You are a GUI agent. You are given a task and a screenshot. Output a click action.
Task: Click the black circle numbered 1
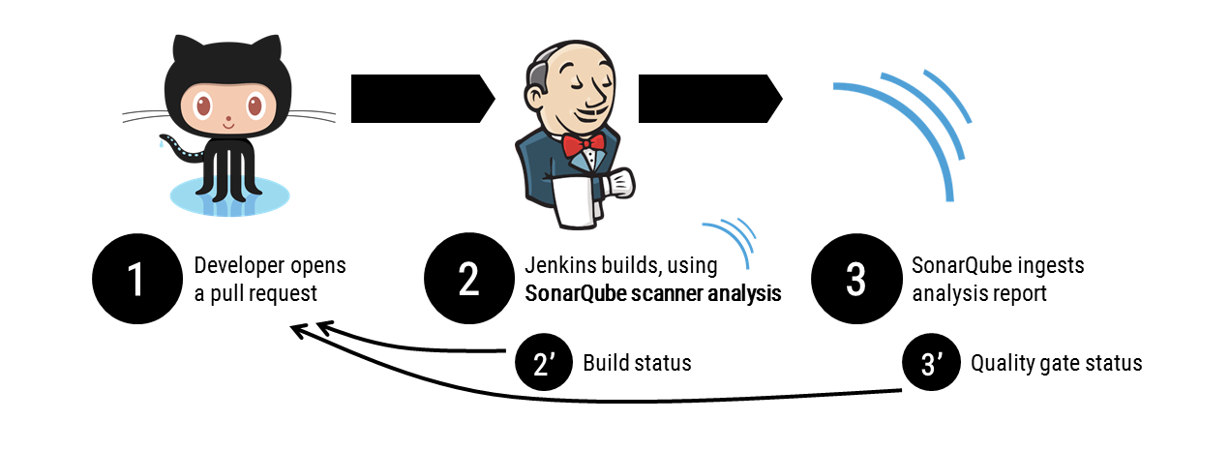tap(135, 279)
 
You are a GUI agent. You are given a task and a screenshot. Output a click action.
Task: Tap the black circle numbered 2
tap(468, 279)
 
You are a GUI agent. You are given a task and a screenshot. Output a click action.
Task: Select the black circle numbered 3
tap(855, 279)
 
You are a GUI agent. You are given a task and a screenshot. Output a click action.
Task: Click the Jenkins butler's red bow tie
tap(585, 144)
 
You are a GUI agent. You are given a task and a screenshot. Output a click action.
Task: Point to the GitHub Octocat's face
tap(227, 107)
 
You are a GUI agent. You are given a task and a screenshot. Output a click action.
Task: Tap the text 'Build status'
tap(637, 364)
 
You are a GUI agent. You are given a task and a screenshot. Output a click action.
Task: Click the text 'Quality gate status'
tap(1056, 364)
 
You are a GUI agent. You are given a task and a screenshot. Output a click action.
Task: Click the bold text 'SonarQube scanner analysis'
tap(652, 293)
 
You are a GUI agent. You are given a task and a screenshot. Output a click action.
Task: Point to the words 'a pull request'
tap(255, 293)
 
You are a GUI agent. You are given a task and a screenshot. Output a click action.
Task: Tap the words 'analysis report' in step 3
tap(979, 293)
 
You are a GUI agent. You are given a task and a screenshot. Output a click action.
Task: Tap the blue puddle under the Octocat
tap(229, 195)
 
